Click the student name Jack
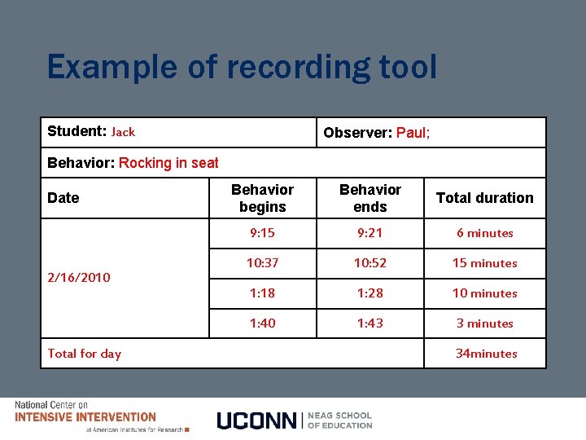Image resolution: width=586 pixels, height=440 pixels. click(x=123, y=132)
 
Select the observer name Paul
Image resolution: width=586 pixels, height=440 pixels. click(x=413, y=133)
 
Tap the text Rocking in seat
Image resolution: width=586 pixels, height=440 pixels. click(x=168, y=163)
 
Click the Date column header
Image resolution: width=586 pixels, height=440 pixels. click(x=63, y=198)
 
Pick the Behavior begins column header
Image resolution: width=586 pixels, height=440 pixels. click(x=262, y=198)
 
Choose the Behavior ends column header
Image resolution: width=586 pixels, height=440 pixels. click(x=370, y=198)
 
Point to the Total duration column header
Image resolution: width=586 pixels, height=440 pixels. click(x=485, y=198)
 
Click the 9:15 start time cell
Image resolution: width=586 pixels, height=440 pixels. click(x=262, y=233)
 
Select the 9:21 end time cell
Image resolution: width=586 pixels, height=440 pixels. click(x=370, y=233)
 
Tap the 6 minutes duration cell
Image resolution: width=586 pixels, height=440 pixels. click(x=485, y=233)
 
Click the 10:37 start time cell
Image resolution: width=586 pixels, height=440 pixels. click(x=262, y=263)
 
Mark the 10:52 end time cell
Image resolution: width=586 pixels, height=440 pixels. click(x=370, y=263)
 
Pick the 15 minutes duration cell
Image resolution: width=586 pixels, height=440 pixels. click(x=485, y=263)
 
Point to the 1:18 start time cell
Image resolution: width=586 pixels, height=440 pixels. click(x=262, y=293)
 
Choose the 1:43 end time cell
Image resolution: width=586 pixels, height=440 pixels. click(x=370, y=323)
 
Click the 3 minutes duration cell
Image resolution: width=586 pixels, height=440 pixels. click(x=485, y=323)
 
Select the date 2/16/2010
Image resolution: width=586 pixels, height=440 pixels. click(x=79, y=277)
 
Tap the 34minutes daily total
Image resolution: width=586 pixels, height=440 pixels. click(x=487, y=354)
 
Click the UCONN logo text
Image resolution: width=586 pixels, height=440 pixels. click(x=257, y=420)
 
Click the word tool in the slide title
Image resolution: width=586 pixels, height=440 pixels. click(x=405, y=67)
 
